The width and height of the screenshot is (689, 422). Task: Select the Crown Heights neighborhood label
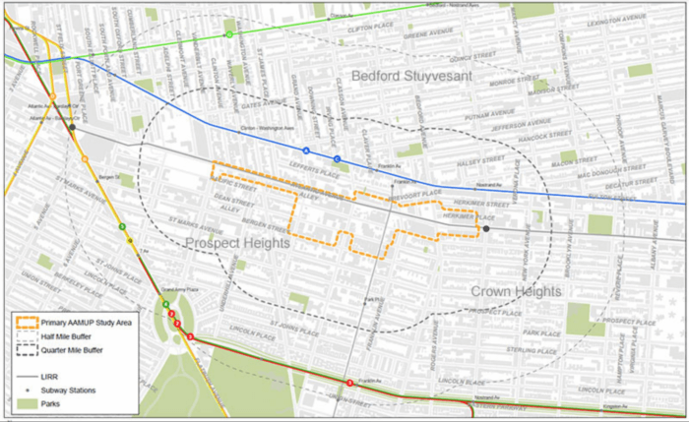[515, 292]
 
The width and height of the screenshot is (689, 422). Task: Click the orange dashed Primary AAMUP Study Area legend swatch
[28, 322]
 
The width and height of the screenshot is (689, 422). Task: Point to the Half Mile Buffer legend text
[69, 335]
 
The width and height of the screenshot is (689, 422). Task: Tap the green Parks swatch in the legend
[28, 403]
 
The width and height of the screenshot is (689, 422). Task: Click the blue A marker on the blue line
[306, 151]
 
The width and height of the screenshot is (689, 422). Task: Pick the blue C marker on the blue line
[337, 158]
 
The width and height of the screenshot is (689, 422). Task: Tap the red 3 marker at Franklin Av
[349, 382]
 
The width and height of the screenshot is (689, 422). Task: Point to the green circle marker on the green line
[228, 34]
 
